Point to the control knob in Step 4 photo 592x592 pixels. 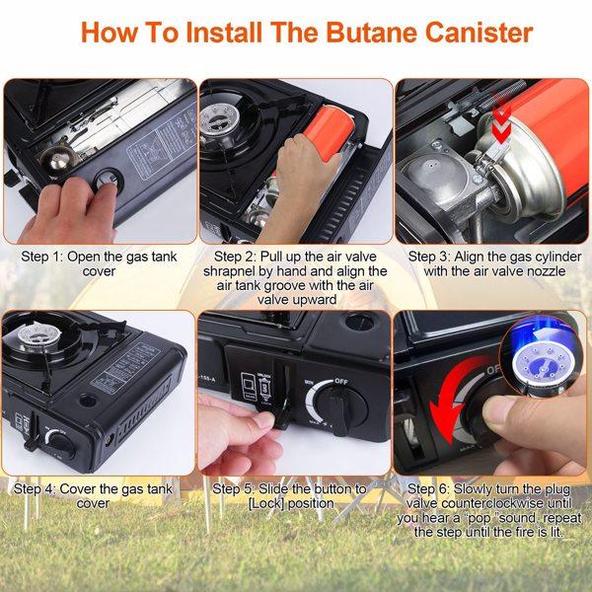tap(60, 442)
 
